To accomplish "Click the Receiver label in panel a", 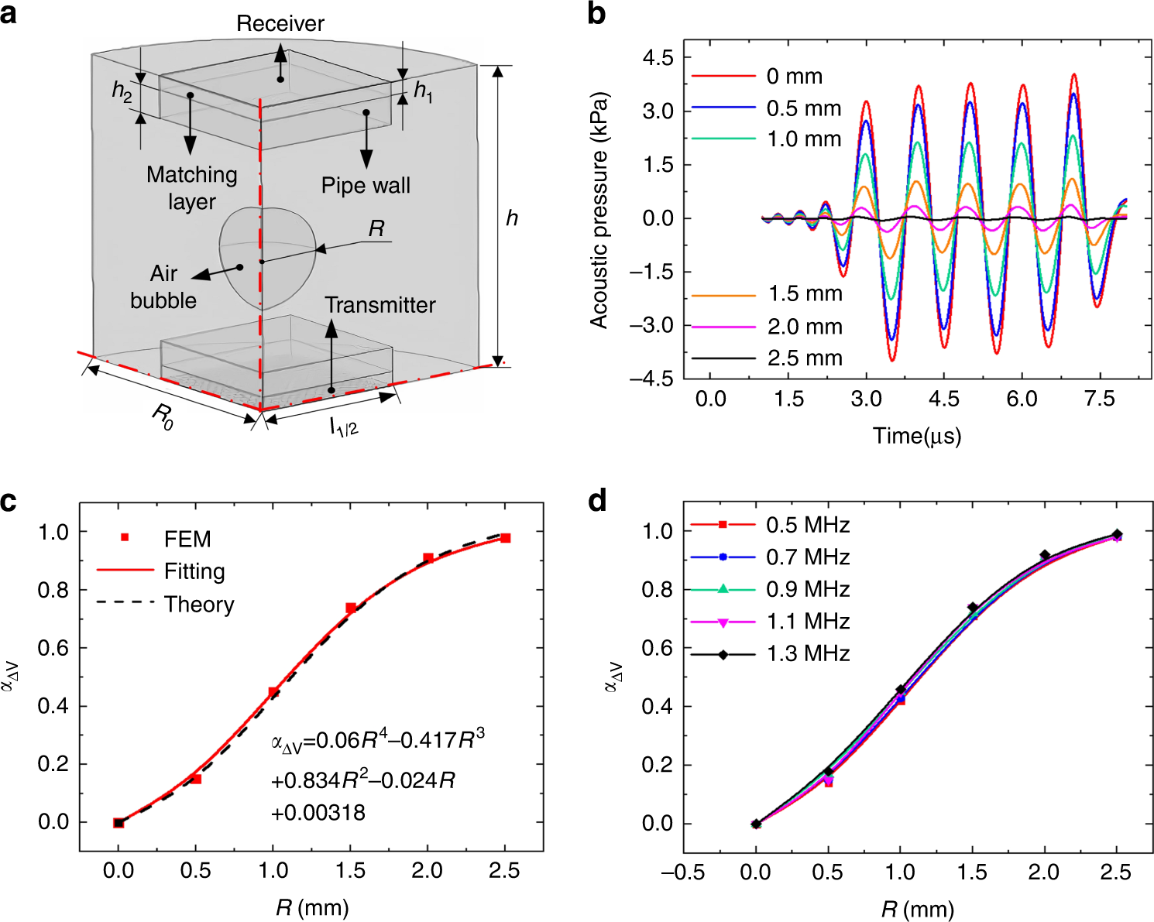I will pos(280,23).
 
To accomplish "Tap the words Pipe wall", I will pos(366,186).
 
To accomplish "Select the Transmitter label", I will pos(380,305).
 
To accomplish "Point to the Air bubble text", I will pos(163,287).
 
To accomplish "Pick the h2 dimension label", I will pos(122,91).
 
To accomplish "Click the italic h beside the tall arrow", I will pos(512,218).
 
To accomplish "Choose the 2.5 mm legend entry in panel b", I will pos(804,358).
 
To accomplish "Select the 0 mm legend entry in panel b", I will pos(794,77).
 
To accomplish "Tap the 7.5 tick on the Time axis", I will pos(1099,399).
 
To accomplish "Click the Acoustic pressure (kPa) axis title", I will pos(599,211).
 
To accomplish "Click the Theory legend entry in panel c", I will pos(199,605).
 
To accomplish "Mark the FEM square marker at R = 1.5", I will pos(351,608).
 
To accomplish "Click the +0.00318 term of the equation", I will pos(318,813).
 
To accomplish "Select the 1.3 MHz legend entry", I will pos(807,654).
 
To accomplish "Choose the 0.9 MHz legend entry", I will pos(807,590).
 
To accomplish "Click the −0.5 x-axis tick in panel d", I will pos(682,873).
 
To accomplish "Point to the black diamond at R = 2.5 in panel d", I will pos(1117,534).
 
